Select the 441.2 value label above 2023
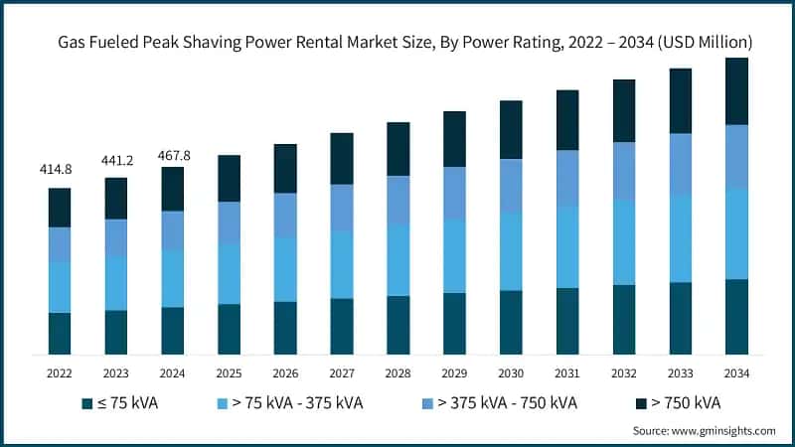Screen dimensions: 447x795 116,160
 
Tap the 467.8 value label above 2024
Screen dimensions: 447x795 173,155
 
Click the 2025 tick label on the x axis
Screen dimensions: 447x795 229,373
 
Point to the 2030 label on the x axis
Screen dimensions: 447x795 511,373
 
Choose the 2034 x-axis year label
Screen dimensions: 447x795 736,373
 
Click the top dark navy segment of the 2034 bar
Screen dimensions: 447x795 736,91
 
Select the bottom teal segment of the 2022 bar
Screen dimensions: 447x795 60,334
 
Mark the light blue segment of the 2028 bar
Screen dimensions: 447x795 398,259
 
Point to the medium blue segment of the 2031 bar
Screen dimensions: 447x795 567,178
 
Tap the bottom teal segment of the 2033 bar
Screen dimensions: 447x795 680,318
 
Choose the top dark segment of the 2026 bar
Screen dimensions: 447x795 285,168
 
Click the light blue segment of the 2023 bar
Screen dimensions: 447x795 116,283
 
